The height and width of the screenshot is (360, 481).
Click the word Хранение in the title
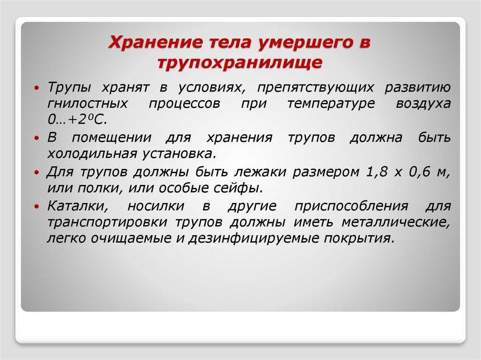coord(155,42)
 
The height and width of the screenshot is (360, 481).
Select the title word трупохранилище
coord(240,63)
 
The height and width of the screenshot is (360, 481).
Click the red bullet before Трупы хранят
coord(37,88)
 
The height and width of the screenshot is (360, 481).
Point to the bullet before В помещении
coord(37,138)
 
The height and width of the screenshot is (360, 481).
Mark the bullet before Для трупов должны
coord(37,172)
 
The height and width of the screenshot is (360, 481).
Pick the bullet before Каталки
coord(37,207)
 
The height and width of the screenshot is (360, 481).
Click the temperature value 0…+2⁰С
coord(78,119)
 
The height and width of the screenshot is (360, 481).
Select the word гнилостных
coord(88,103)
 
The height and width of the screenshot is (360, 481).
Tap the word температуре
coord(331,104)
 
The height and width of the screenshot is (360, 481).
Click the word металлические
coord(396,222)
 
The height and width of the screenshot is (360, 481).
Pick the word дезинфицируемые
coord(254,238)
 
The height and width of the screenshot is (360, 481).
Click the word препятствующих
coord(316,88)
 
